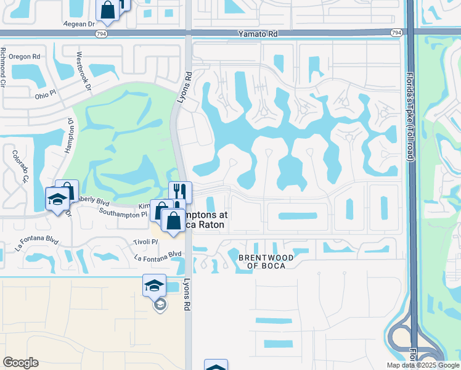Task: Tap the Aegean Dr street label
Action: coord(80,24)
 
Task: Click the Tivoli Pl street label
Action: coord(146,242)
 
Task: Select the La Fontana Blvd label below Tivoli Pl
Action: coord(158,253)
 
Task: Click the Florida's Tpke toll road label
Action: coord(409,117)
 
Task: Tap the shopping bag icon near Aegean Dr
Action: coord(107,9)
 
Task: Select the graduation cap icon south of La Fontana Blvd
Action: coord(154,285)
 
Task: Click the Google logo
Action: coord(20,363)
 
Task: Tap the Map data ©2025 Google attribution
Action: coord(423,365)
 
